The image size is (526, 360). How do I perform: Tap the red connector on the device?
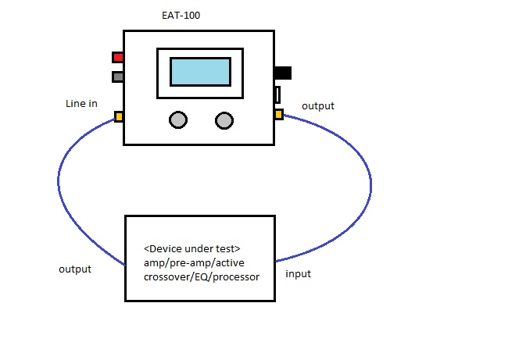click(x=117, y=57)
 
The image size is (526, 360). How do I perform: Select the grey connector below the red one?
click(x=117, y=77)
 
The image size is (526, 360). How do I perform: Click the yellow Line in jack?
click(x=119, y=116)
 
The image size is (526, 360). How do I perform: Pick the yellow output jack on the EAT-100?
click(x=278, y=115)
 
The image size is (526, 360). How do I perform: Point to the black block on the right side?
click(x=282, y=73)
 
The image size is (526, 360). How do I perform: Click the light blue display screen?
click(x=200, y=72)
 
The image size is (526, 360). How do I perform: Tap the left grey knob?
click(x=178, y=119)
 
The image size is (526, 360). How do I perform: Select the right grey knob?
click(x=224, y=119)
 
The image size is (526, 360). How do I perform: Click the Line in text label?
click(x=81, y=104)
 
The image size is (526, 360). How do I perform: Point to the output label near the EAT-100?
click(x=317, y=105)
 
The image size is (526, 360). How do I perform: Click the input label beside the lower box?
click(x=299, y=273)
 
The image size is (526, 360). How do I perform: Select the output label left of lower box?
click(x=75, y=269)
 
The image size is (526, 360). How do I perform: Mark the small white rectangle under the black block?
click(x=277, y=95)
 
